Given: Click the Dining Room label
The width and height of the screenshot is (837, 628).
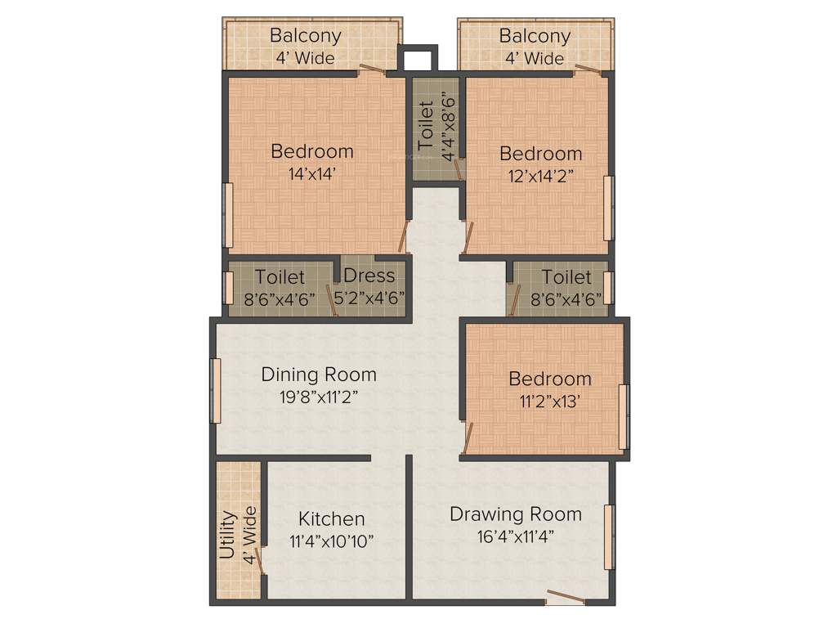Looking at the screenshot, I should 319,375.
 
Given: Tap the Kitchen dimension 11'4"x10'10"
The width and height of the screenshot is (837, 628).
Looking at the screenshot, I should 331,541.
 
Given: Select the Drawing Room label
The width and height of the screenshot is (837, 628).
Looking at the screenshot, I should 516,514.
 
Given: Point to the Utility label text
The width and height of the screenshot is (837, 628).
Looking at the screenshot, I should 228,535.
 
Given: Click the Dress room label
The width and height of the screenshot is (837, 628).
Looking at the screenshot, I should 369,276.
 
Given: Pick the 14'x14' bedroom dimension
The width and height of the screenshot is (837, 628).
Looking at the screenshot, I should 312,173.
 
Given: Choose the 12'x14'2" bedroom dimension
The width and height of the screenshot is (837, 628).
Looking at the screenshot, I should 541,175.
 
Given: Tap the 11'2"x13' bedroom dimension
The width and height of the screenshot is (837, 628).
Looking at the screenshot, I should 549,401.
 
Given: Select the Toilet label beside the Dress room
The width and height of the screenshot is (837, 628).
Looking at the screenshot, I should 280,277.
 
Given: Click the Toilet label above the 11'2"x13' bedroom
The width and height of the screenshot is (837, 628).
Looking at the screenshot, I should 566,278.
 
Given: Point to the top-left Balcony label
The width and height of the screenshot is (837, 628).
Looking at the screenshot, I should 306,36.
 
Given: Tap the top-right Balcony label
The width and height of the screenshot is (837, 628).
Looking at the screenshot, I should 535,36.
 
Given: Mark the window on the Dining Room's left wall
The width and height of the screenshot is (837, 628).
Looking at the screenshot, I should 216,391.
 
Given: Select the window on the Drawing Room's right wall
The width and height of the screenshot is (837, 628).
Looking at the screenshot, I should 608,537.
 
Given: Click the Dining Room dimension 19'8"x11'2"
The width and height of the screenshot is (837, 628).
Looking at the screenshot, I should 319,397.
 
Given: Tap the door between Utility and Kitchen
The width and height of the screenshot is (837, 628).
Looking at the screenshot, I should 260,561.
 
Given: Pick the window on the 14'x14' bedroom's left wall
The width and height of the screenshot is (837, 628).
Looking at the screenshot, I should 228,215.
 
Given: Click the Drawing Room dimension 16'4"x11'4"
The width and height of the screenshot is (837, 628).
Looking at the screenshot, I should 516,536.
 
